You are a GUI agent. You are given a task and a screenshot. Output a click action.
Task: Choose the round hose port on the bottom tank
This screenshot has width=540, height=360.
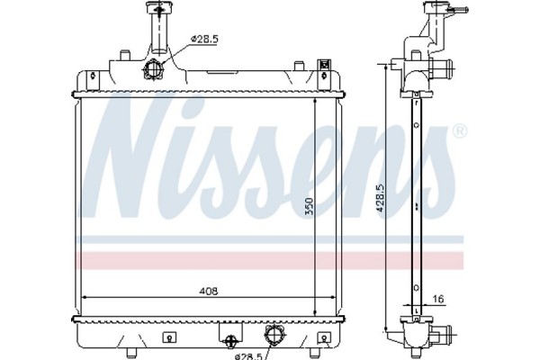pyautogui.click(x=272, y=337)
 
